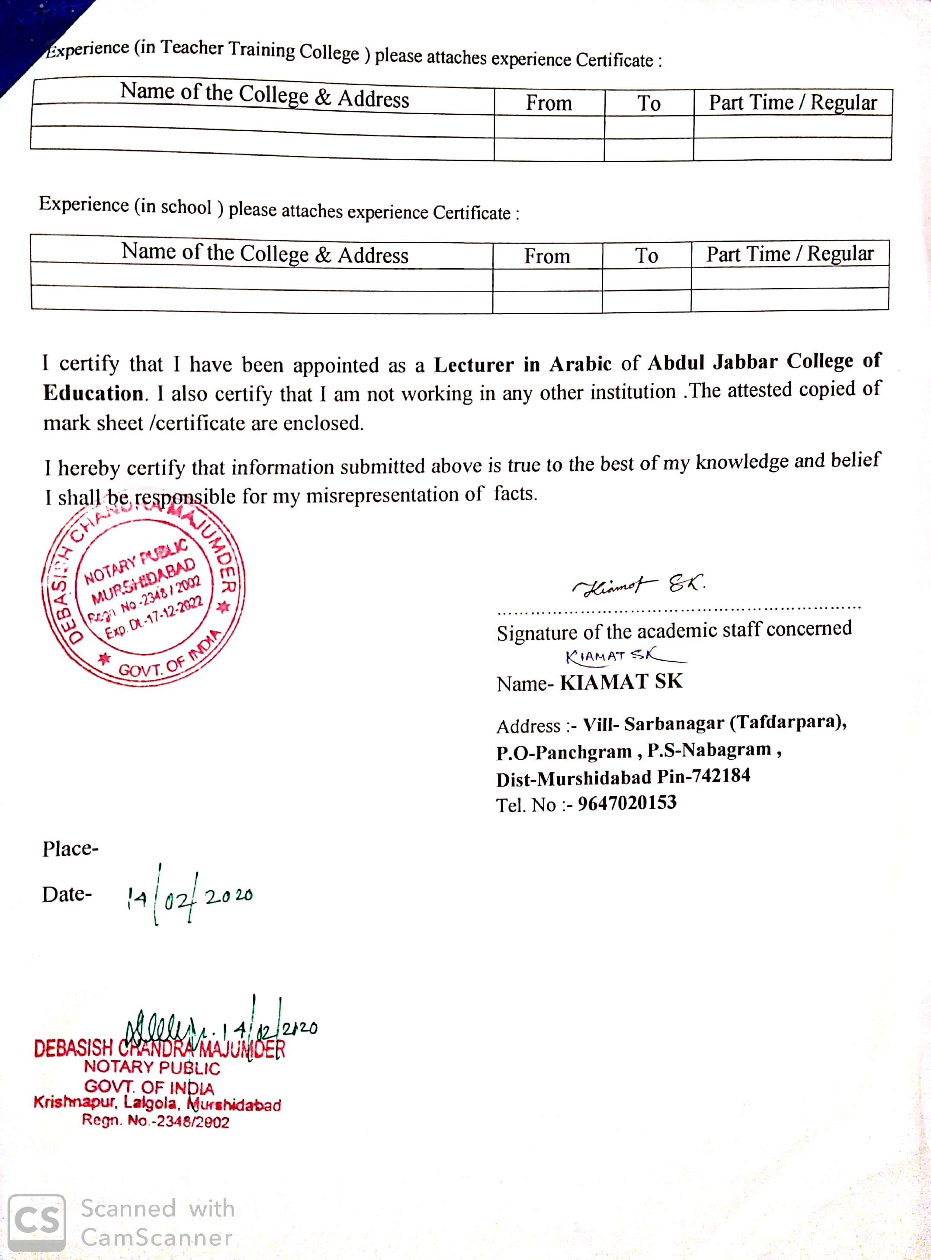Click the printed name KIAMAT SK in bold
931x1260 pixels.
(621, 682)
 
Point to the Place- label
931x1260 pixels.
(71, 849)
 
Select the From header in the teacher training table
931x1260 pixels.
(549, 103)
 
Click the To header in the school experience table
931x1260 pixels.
(646, 256)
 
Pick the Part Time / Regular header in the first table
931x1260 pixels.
(793, 103)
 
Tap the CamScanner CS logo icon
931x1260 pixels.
(37, 1223)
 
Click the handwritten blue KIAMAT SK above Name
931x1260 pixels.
(614, 656)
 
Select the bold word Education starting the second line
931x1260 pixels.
(93, 393)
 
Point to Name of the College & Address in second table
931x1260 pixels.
(265, 254)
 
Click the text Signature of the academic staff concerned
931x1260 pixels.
(674, 630)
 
